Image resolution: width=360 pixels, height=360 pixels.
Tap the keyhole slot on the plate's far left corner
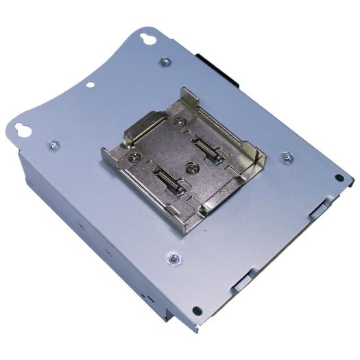point(25,128)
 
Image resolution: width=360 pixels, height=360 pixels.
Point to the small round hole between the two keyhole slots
point(90,85)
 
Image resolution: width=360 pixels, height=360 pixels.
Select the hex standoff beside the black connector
point(165,62)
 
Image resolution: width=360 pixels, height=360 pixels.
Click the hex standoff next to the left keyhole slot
point(53,146)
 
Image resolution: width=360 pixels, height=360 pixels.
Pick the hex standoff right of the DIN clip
point(286,157)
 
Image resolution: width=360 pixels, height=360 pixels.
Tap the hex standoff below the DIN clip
point(173,258)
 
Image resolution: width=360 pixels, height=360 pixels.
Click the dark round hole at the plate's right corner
point(339,178)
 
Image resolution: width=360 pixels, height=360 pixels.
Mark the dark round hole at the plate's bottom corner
point(197,311)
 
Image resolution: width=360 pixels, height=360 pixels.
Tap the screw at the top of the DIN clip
point(180,122)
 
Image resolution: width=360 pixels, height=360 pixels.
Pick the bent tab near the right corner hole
point(320,205)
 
